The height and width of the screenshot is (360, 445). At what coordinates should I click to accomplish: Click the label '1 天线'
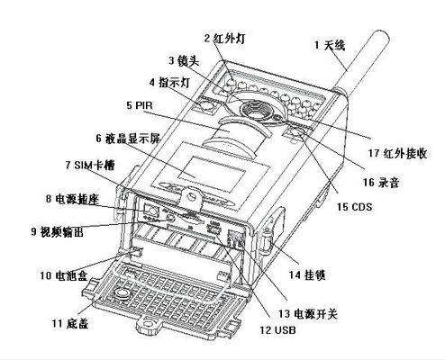tap(330, 45)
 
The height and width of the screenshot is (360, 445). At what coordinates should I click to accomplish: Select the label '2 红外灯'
tap(225, 39)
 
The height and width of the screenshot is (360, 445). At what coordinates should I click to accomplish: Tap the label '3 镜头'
tap(184, 61)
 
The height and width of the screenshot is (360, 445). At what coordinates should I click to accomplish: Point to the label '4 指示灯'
tap(169, 83)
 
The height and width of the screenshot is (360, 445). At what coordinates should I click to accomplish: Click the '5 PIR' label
tap(140, 105)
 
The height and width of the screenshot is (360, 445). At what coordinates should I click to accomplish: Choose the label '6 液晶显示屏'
tap(129, 139)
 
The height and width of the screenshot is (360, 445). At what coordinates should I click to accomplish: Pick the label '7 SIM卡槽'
tap(90, 165)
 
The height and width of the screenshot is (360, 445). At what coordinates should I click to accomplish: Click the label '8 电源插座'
tap(72, 199)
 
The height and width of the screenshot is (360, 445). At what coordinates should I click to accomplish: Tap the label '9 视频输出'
tap(57, 231)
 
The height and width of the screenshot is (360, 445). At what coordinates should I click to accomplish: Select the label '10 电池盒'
tap(64, 275)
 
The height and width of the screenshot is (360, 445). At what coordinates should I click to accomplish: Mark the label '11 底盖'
tap(70, 323)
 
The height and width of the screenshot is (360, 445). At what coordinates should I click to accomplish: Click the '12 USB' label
tap(277, 330)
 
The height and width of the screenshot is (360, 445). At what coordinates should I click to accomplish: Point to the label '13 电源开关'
tap(308, 314)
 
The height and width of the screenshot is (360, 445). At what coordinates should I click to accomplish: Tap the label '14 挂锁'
tap(307, 274)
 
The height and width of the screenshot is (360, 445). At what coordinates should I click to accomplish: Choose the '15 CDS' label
tap(354, 207)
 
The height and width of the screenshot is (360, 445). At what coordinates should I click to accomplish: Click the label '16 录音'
tap(381, 182)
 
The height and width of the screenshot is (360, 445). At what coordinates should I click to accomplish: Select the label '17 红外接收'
tap(397, 153)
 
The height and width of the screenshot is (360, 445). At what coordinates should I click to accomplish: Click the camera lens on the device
tap(255, 111)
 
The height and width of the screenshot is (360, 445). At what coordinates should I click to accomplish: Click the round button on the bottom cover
tap(123, 292)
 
